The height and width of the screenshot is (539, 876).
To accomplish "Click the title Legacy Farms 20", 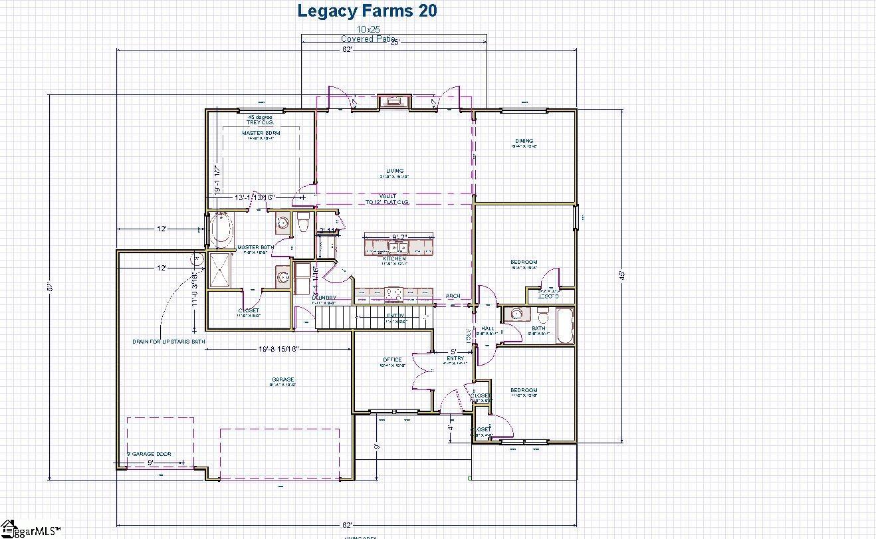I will click(367, 11).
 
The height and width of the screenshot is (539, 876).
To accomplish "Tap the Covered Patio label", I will click(368, 39).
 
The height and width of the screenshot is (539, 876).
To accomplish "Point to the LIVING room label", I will click(395, 171).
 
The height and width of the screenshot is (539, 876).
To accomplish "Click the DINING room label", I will click(524, 140).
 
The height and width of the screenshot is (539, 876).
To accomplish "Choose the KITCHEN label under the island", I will click(394, 259).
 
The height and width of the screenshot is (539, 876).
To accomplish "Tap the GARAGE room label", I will click(282, 379).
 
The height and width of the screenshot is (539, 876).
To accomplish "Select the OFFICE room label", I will click(392, 360).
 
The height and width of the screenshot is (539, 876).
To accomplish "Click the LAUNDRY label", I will click(324, 298).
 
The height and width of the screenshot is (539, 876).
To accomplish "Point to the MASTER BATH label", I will click(252, 247).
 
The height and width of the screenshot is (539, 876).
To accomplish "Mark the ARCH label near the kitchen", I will click(453, 296).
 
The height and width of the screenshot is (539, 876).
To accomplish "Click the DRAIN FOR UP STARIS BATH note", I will click(168, 342).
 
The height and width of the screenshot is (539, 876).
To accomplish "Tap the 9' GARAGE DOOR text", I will click(150, 454).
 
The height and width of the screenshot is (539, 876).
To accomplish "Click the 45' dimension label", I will click(622, 274).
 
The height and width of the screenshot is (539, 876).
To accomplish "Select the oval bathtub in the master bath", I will click(221, 229).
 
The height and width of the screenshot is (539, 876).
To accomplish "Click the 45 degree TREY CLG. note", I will click(260, 120).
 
